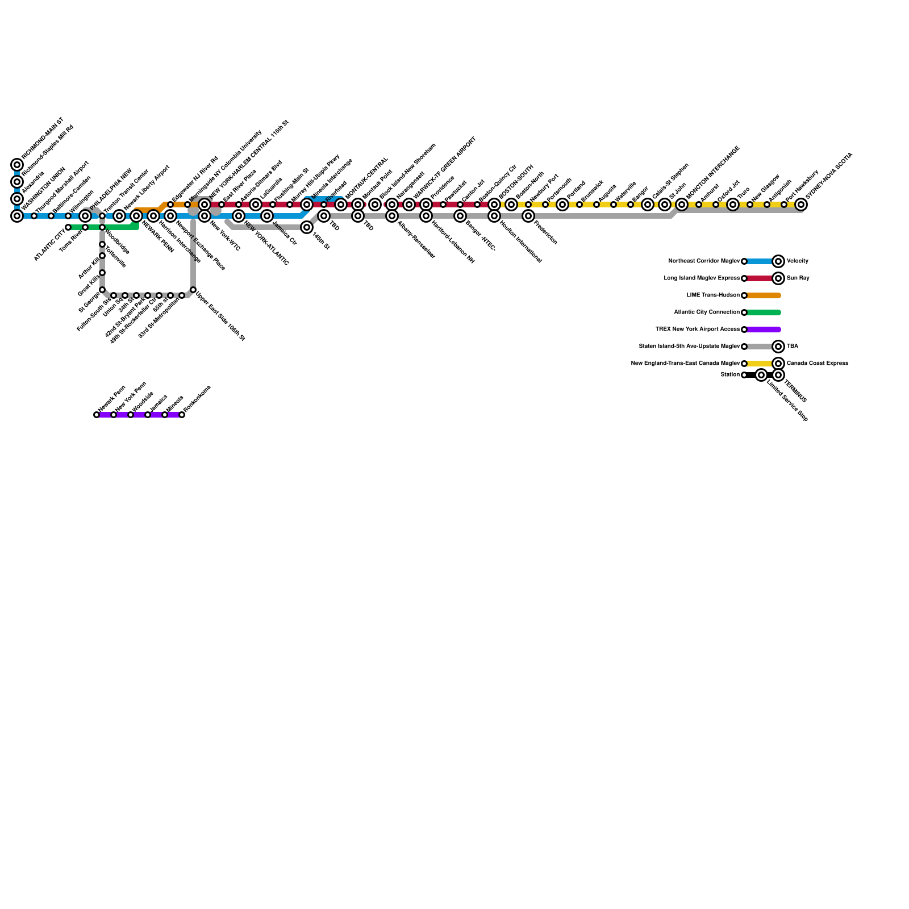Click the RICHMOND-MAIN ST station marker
17,165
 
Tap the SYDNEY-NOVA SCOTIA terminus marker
801,205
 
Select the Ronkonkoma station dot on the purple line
182,415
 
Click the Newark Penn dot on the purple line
97,415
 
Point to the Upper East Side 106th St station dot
193,290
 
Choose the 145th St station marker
307,227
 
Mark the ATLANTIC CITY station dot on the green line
68,227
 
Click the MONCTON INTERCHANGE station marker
682,205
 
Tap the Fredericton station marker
528,216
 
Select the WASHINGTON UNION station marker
17,216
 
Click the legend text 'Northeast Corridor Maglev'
704,261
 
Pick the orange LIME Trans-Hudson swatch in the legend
763,295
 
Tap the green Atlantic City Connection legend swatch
763,312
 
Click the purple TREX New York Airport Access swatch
763,330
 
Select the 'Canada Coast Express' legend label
817,364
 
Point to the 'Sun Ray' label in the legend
798,278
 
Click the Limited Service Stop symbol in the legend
761,375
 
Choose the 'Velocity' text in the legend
797,261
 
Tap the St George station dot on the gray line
102,290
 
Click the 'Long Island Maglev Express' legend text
702,278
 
